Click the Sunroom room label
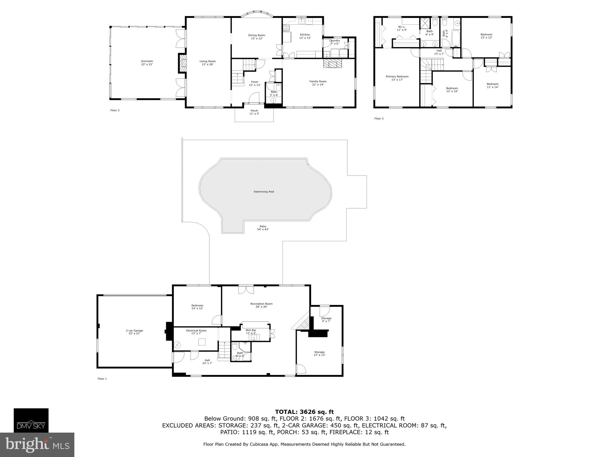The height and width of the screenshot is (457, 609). pyautogui.click(x=147, y=62)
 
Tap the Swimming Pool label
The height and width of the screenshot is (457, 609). pyautogui.click(x=264, y=192)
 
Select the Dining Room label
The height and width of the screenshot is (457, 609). pyautogui.click(x=256, y=37)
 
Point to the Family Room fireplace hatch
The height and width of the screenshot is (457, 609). pyautogui.click(x=333, y=64)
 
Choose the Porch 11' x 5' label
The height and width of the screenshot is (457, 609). pyautogui.click(x=254, y=112)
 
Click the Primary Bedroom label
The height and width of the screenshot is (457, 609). pyautogui.click(x=397, y=78)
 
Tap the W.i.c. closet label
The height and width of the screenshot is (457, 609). pyautogui.click(x=401, y=28)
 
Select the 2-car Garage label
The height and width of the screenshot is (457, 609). pyautogui.click(x=134, y=332)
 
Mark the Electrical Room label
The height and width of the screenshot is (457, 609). pyautogui.click(x=196, y=332)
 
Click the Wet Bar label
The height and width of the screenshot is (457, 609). pyautogui.click(x=251, y=331)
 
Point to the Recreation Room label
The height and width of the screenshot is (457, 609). pyautogui.click(x=261, y=305)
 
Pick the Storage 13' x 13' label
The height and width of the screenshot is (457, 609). pyautogui.click(x=319, y=353)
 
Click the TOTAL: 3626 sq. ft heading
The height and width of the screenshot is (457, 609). pyautogui.click(x=304, y=412)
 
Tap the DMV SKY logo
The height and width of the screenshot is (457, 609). pyautogui.click(x=31, y=420)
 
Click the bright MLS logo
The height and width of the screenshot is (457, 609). pyautogui.click(x=37, y=445)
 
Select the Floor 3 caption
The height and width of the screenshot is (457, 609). pyautogui.click(x=379, y=118)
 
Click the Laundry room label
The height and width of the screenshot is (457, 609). pyautogui.click(x=335, y=42)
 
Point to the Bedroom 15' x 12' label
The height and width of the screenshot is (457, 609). pyautogui.click(x=486, y=36)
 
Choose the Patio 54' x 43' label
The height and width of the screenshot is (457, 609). pyautogui.click(x=263, y=228)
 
